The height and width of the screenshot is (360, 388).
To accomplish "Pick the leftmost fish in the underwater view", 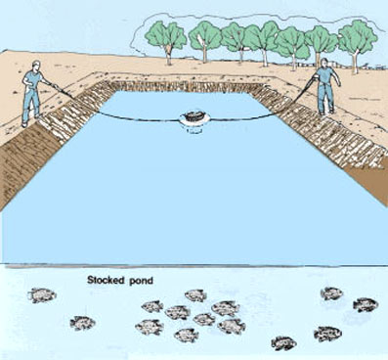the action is point(42,294).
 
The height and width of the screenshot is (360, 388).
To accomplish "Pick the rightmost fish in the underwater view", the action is point(366,305).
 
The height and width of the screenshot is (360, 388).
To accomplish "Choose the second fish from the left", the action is point(82,323).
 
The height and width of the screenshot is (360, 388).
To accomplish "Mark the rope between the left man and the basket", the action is point(117,112).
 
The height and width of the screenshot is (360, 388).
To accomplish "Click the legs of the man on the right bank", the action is point(329,106).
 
